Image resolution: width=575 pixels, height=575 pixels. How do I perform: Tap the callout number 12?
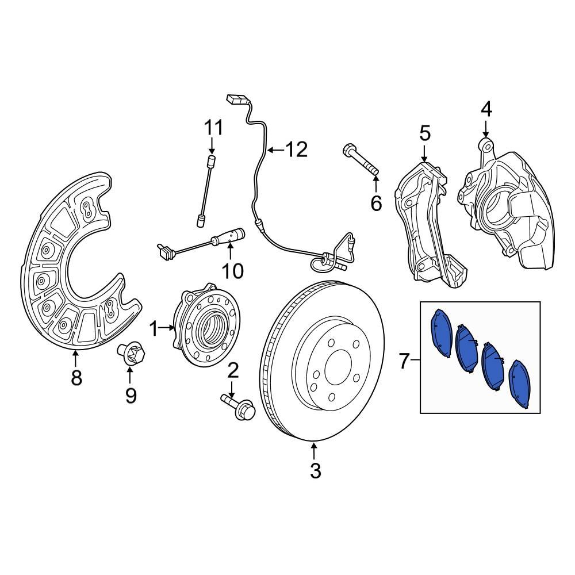(x=297, y=150)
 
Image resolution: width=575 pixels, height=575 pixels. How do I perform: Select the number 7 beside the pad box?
(x=404, y=362)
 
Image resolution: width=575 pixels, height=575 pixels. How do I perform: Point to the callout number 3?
(x=315, y=471)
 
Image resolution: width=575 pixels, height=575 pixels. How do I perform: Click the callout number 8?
(x=76, y=378)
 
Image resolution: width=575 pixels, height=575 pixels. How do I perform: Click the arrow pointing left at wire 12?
(x=275, y=151)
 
